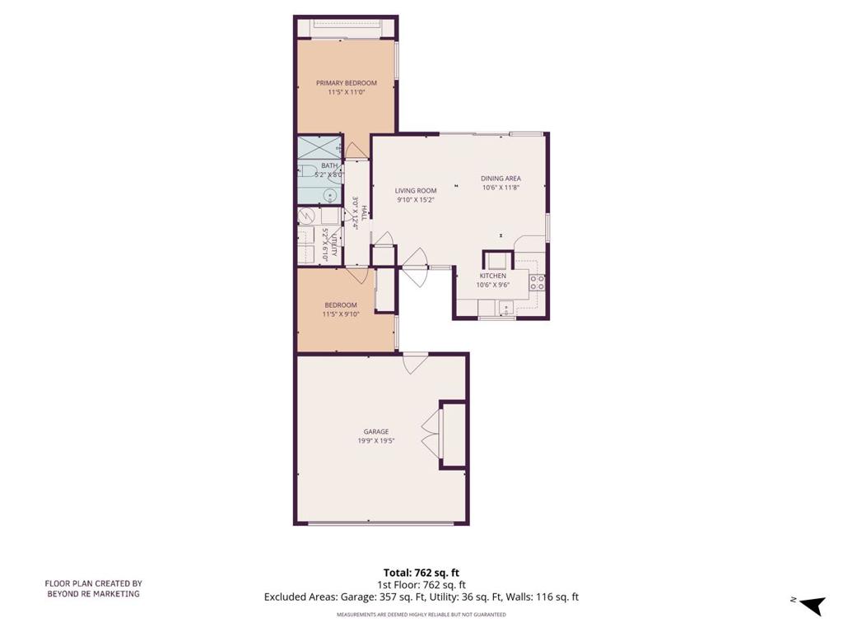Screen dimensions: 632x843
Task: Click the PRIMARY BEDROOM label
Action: click(x=347, y=83)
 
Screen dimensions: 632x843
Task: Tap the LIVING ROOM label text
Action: click(x=415, y=190)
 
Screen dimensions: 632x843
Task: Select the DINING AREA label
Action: click(x=501, y=178)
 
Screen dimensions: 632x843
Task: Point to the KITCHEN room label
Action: click(x=493, y=276)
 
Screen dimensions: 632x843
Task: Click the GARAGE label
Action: click(x=376, y=431)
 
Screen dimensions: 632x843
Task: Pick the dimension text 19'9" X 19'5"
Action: click(x=376, y=440)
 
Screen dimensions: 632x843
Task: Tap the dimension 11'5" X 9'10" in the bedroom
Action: click(x=341, y=314)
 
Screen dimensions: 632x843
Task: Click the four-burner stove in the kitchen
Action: click(x=537, y=283)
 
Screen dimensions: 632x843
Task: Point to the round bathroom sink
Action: click(x=329, y=196)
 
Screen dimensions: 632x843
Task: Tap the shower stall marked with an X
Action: click(x=318, y=148)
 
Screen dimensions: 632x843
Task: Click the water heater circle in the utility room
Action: click(x=306, y=216)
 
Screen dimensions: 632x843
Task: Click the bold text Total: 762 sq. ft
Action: click(x=421, y=573)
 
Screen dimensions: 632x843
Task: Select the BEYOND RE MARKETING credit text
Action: click(x=93, y=593)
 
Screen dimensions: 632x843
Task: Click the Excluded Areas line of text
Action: click(x=421, y=597)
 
